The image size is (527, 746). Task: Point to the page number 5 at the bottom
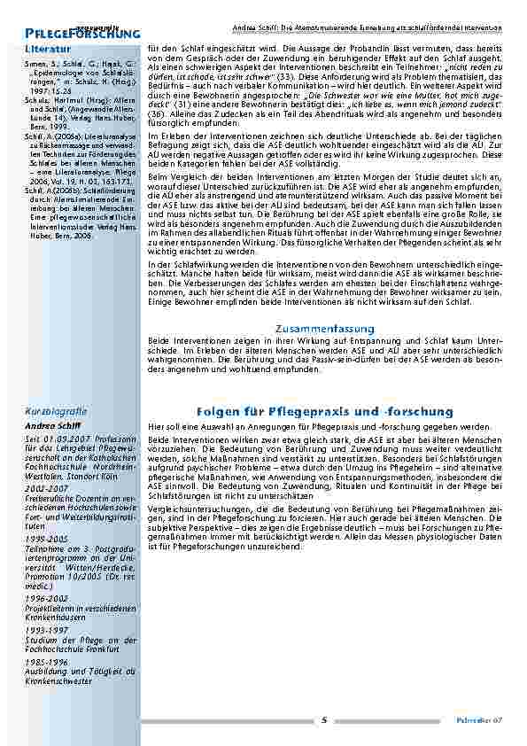tap(324, 719)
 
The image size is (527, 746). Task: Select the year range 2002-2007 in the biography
tap(46, 488)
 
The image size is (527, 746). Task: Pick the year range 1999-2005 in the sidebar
tap(46, 538)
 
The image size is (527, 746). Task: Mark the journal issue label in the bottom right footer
tap(484, 720)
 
